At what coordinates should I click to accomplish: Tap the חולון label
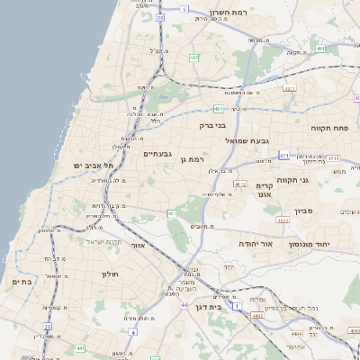(111, 273)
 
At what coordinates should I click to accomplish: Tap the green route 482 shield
(193, 58)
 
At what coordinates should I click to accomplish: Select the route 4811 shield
(290, 88)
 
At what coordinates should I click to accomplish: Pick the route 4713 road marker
(334, 158)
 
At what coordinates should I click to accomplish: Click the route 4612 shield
(239, 184)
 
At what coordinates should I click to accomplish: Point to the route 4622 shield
(283, 219)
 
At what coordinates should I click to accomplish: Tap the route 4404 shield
(257, 316)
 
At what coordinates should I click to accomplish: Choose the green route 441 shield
(80, 347)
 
